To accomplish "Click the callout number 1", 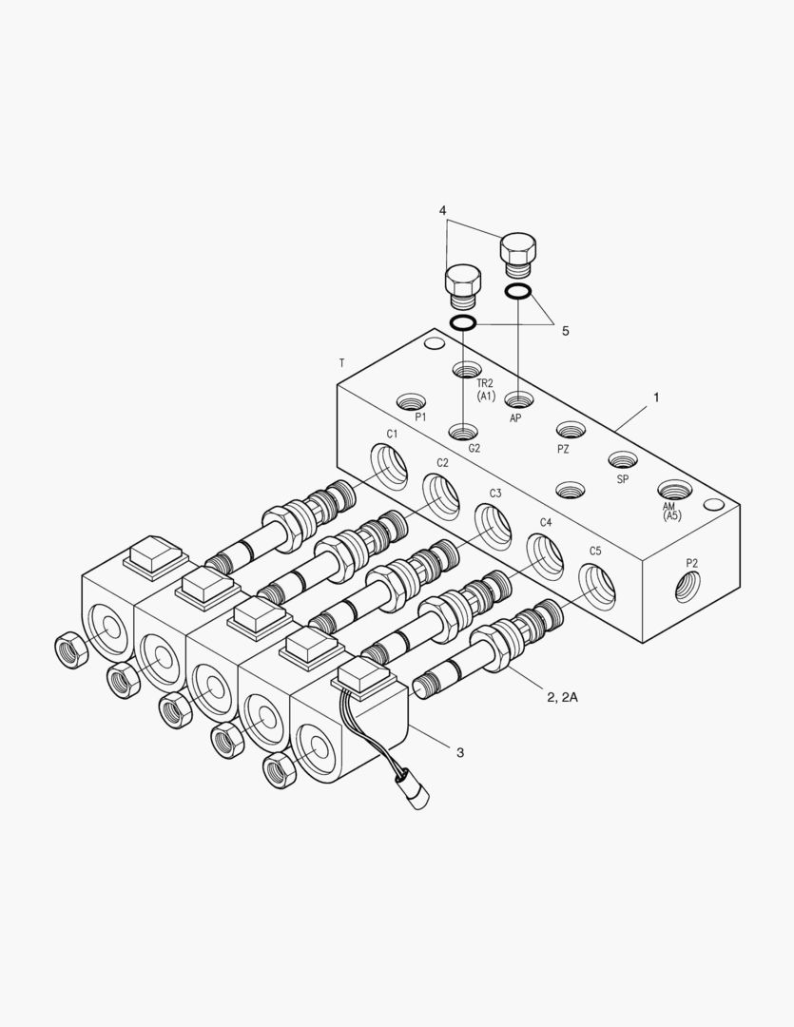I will point(655,397).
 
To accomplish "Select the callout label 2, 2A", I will point(562,697).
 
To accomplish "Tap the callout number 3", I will point(460,753).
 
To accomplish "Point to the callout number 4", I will point(443,209).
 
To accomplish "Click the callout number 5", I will point(565,331).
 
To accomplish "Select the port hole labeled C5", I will point(596,583).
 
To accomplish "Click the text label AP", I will point(515,418).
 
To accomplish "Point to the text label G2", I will point(473,446).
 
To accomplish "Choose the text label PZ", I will point(563,449).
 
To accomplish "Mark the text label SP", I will point(623,479).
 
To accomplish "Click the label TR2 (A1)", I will point(486,390).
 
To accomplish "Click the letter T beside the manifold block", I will point(341,363).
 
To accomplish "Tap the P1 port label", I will point(420,417).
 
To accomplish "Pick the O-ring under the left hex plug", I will point(463,323).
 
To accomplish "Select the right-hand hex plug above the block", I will point(517,252).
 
